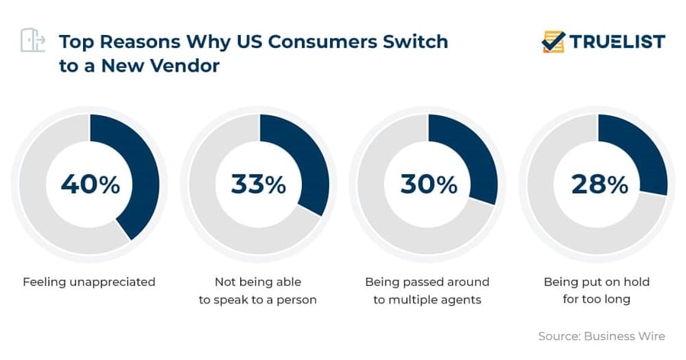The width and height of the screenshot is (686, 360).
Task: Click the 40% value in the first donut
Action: coord(90,184)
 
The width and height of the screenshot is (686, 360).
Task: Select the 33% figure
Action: coord(258,184)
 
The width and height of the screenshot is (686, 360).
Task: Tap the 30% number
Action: coord(429,184)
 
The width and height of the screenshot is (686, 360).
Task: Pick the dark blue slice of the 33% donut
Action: coord(308,160)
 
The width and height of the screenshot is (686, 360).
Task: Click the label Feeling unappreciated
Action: coord(89,282)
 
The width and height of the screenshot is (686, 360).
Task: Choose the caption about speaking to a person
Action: coord(258,291)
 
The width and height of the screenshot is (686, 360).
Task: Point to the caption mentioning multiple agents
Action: coord(427,291)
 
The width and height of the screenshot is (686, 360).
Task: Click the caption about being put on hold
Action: coord(597,291)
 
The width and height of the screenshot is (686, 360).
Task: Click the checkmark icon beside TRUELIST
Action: coord(553,41)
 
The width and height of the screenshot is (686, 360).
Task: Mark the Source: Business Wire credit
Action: coord(601,336)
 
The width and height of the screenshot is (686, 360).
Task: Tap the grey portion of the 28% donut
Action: coord(564,221)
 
